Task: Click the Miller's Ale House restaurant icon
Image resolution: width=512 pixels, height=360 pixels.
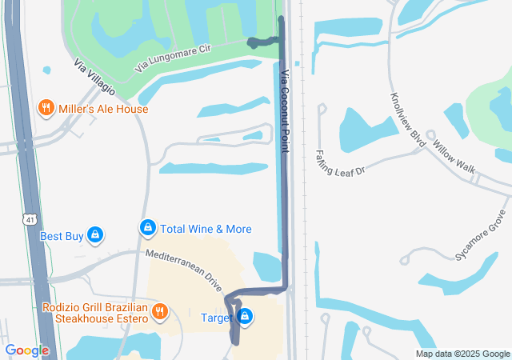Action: [46, 108]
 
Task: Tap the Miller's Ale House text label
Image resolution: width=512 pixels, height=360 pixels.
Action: [102, 109]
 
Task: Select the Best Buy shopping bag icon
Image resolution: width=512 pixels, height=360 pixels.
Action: [94, 235]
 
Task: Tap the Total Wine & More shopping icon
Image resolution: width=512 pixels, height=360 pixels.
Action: [147, 228]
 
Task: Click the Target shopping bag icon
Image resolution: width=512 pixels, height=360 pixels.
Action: [246, 317]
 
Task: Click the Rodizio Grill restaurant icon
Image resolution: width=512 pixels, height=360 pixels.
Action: [160, 310]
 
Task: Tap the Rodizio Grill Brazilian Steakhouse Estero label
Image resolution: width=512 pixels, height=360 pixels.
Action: [96, 313]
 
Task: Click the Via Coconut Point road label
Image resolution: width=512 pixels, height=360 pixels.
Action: [286, 111]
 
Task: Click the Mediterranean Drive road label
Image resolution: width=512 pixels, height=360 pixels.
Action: [183, 269]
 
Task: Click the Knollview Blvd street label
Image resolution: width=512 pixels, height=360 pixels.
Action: [406, 117]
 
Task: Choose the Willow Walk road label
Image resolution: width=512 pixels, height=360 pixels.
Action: [454, 158]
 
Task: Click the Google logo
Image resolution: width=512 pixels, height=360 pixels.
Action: [26, 350]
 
